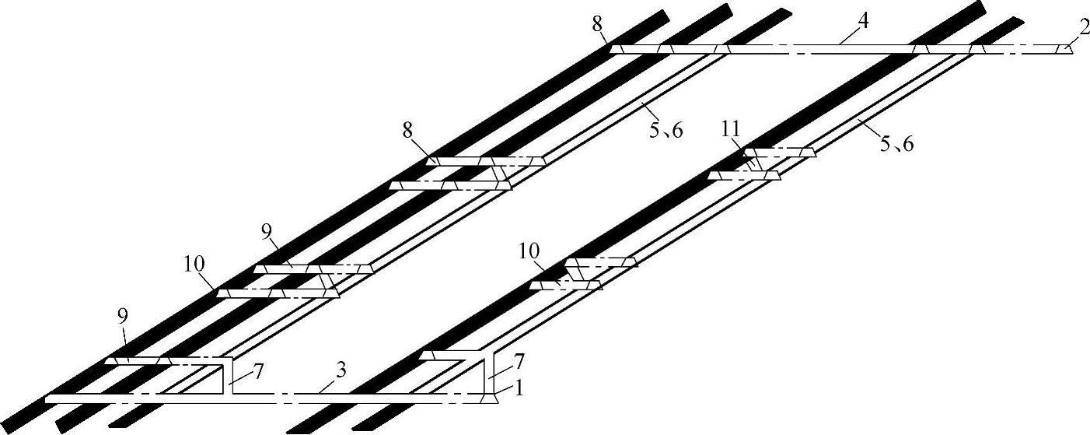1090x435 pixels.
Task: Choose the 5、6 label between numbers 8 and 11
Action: [665, 130]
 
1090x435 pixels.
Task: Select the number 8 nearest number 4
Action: [596, 24]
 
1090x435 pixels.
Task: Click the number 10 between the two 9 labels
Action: [194, 263]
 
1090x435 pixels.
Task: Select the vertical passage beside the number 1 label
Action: [489, 374]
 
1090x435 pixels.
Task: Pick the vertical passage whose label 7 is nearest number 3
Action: [228, 377]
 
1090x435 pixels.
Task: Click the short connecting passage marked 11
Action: [756, 164]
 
